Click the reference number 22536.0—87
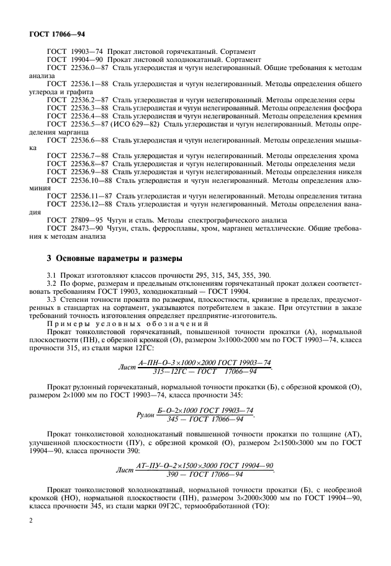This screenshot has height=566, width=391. pyautogui.click(x=92, y=66)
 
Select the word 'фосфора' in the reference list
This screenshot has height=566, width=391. pyautogui.click(x=347, y=108)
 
